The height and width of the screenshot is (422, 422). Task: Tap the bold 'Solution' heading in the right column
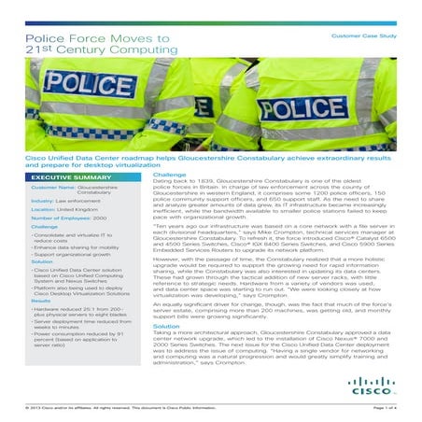(166, 325)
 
